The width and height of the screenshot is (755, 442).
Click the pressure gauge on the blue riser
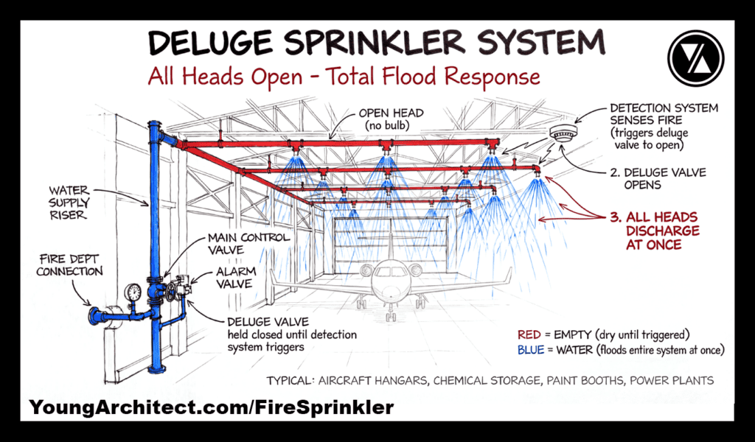pos(133,292)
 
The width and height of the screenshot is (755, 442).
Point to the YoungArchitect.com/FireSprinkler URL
pos(212,407)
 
